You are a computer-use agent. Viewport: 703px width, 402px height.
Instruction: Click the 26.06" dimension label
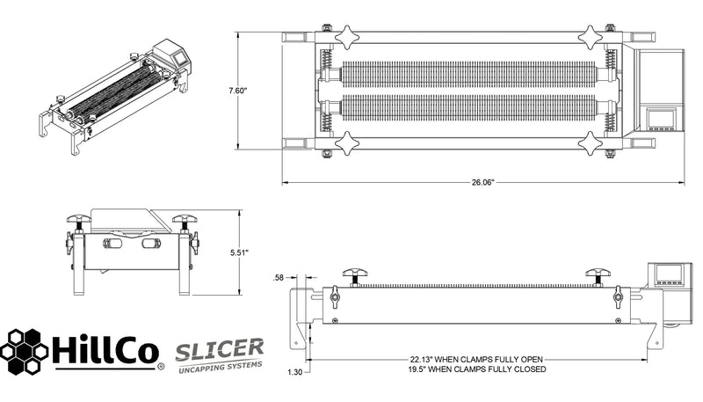482,183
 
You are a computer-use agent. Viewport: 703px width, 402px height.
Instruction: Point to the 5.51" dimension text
238,252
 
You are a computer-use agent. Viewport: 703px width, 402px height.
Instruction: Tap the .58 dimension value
279,278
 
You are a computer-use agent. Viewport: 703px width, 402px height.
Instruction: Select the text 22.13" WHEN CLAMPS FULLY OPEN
478,360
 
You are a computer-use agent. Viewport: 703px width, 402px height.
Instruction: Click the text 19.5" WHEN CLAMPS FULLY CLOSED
478,370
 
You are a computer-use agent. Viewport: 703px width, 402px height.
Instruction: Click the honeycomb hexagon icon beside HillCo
25,350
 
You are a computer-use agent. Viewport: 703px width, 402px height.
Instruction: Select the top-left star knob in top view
346,36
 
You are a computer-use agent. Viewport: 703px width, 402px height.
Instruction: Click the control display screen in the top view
661,118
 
